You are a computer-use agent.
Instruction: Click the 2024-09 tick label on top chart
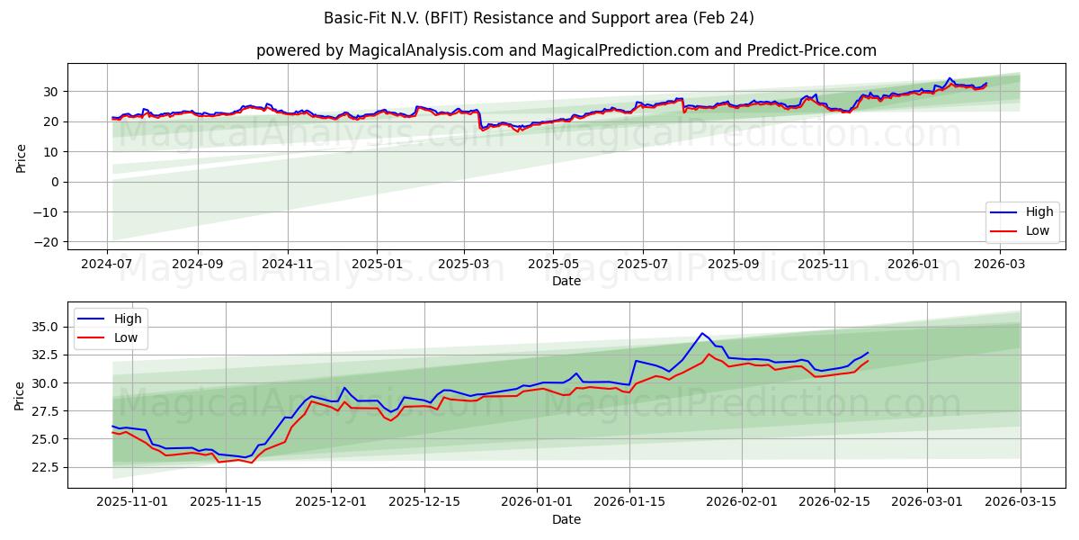[197, 264]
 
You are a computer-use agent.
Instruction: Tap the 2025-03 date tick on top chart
[464, 264]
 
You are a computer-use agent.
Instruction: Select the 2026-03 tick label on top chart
[1000, 264]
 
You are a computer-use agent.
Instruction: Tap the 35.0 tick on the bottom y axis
[47, 328]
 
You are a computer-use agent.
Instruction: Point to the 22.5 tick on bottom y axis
[47, 467]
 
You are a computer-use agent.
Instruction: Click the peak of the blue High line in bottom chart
[702, 334]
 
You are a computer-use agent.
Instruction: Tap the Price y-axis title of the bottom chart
[20, 394]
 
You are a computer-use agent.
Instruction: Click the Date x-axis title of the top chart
[566, 281]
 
